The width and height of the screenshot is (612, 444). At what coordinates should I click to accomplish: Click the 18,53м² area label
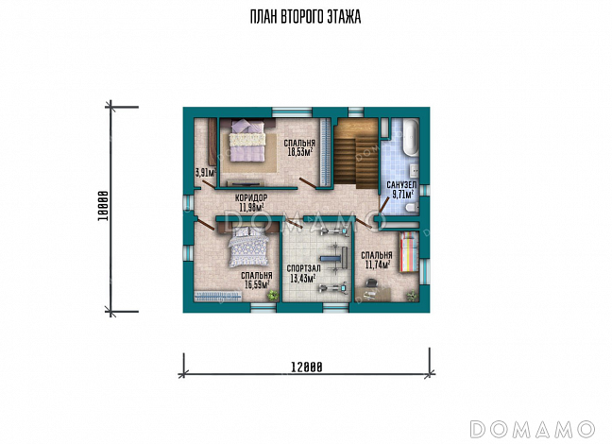click(x=300, y=152)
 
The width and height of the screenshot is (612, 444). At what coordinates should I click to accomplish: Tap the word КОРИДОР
click(x=251, y=197)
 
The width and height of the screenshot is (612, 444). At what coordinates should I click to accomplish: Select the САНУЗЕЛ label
click(x=401, y=185)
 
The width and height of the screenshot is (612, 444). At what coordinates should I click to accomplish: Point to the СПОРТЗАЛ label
click(x=304, y=268)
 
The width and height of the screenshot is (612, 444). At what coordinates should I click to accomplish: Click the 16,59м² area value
click(x=257, y=284)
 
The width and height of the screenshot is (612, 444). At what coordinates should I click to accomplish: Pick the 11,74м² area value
click(x=378, y=265)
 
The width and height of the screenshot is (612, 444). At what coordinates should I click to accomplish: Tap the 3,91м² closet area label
click(x=205, y=173)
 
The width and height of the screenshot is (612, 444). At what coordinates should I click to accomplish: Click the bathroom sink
click(x=414, y=169)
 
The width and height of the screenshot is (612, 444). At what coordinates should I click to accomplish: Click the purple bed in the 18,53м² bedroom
click(x=247, y=140)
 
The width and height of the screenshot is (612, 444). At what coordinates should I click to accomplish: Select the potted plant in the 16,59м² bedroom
click(x=272, y=295)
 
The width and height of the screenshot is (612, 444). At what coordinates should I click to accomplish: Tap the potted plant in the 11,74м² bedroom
click(x=412, y=296)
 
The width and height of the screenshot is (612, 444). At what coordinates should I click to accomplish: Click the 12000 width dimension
click(x=307, y=367)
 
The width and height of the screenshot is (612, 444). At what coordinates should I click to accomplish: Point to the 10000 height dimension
click(x=103, y=207)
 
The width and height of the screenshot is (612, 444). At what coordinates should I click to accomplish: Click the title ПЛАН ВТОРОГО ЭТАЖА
click(x=305, y=17)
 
